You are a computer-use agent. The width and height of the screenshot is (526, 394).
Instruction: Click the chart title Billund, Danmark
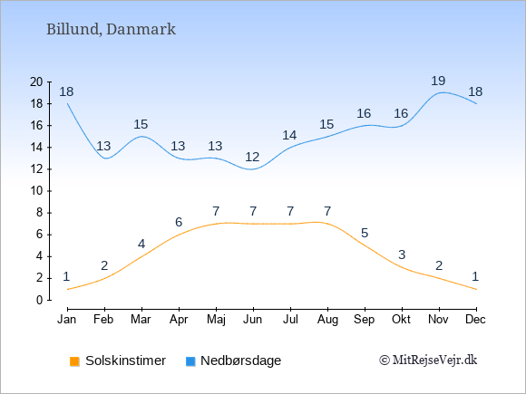tap(111, 30)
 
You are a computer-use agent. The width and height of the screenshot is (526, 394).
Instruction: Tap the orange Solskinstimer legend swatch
tap(74, 361)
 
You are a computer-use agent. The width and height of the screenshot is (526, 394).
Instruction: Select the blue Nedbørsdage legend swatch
tap(190, 361)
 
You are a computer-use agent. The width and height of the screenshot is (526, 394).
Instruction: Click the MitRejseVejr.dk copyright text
tap(428, 360)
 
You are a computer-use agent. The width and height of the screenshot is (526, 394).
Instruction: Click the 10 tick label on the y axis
tap(36, 191)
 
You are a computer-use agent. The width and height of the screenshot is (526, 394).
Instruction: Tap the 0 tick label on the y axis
tap(40, 300)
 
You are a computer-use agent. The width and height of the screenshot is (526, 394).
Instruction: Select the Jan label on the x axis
tap(67, 320)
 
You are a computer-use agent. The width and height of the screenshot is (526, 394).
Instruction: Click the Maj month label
tap(216, 320)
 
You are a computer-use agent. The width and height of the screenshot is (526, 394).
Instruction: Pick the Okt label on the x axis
tap(401, 320)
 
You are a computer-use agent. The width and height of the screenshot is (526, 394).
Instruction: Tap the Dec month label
tap(475, 320)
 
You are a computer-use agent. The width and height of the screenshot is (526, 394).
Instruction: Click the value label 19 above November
tap(438, 81)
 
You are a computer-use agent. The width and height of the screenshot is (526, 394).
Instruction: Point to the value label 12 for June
tap(252, 157)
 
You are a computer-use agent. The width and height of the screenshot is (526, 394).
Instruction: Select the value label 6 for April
tap(179, 222)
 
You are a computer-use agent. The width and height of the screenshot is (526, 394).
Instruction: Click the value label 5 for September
tap(365, 233)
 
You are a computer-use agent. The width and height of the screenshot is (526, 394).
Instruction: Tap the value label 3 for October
tap(402, 255)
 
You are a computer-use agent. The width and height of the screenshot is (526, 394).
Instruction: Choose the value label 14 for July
tap(289, 135)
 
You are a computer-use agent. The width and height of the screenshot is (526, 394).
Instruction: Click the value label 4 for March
tap(141, 244)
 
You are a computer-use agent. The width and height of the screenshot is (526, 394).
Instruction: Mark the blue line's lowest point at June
tap(252, 169)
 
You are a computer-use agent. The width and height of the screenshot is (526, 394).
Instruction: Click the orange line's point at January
tap(68, 289)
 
